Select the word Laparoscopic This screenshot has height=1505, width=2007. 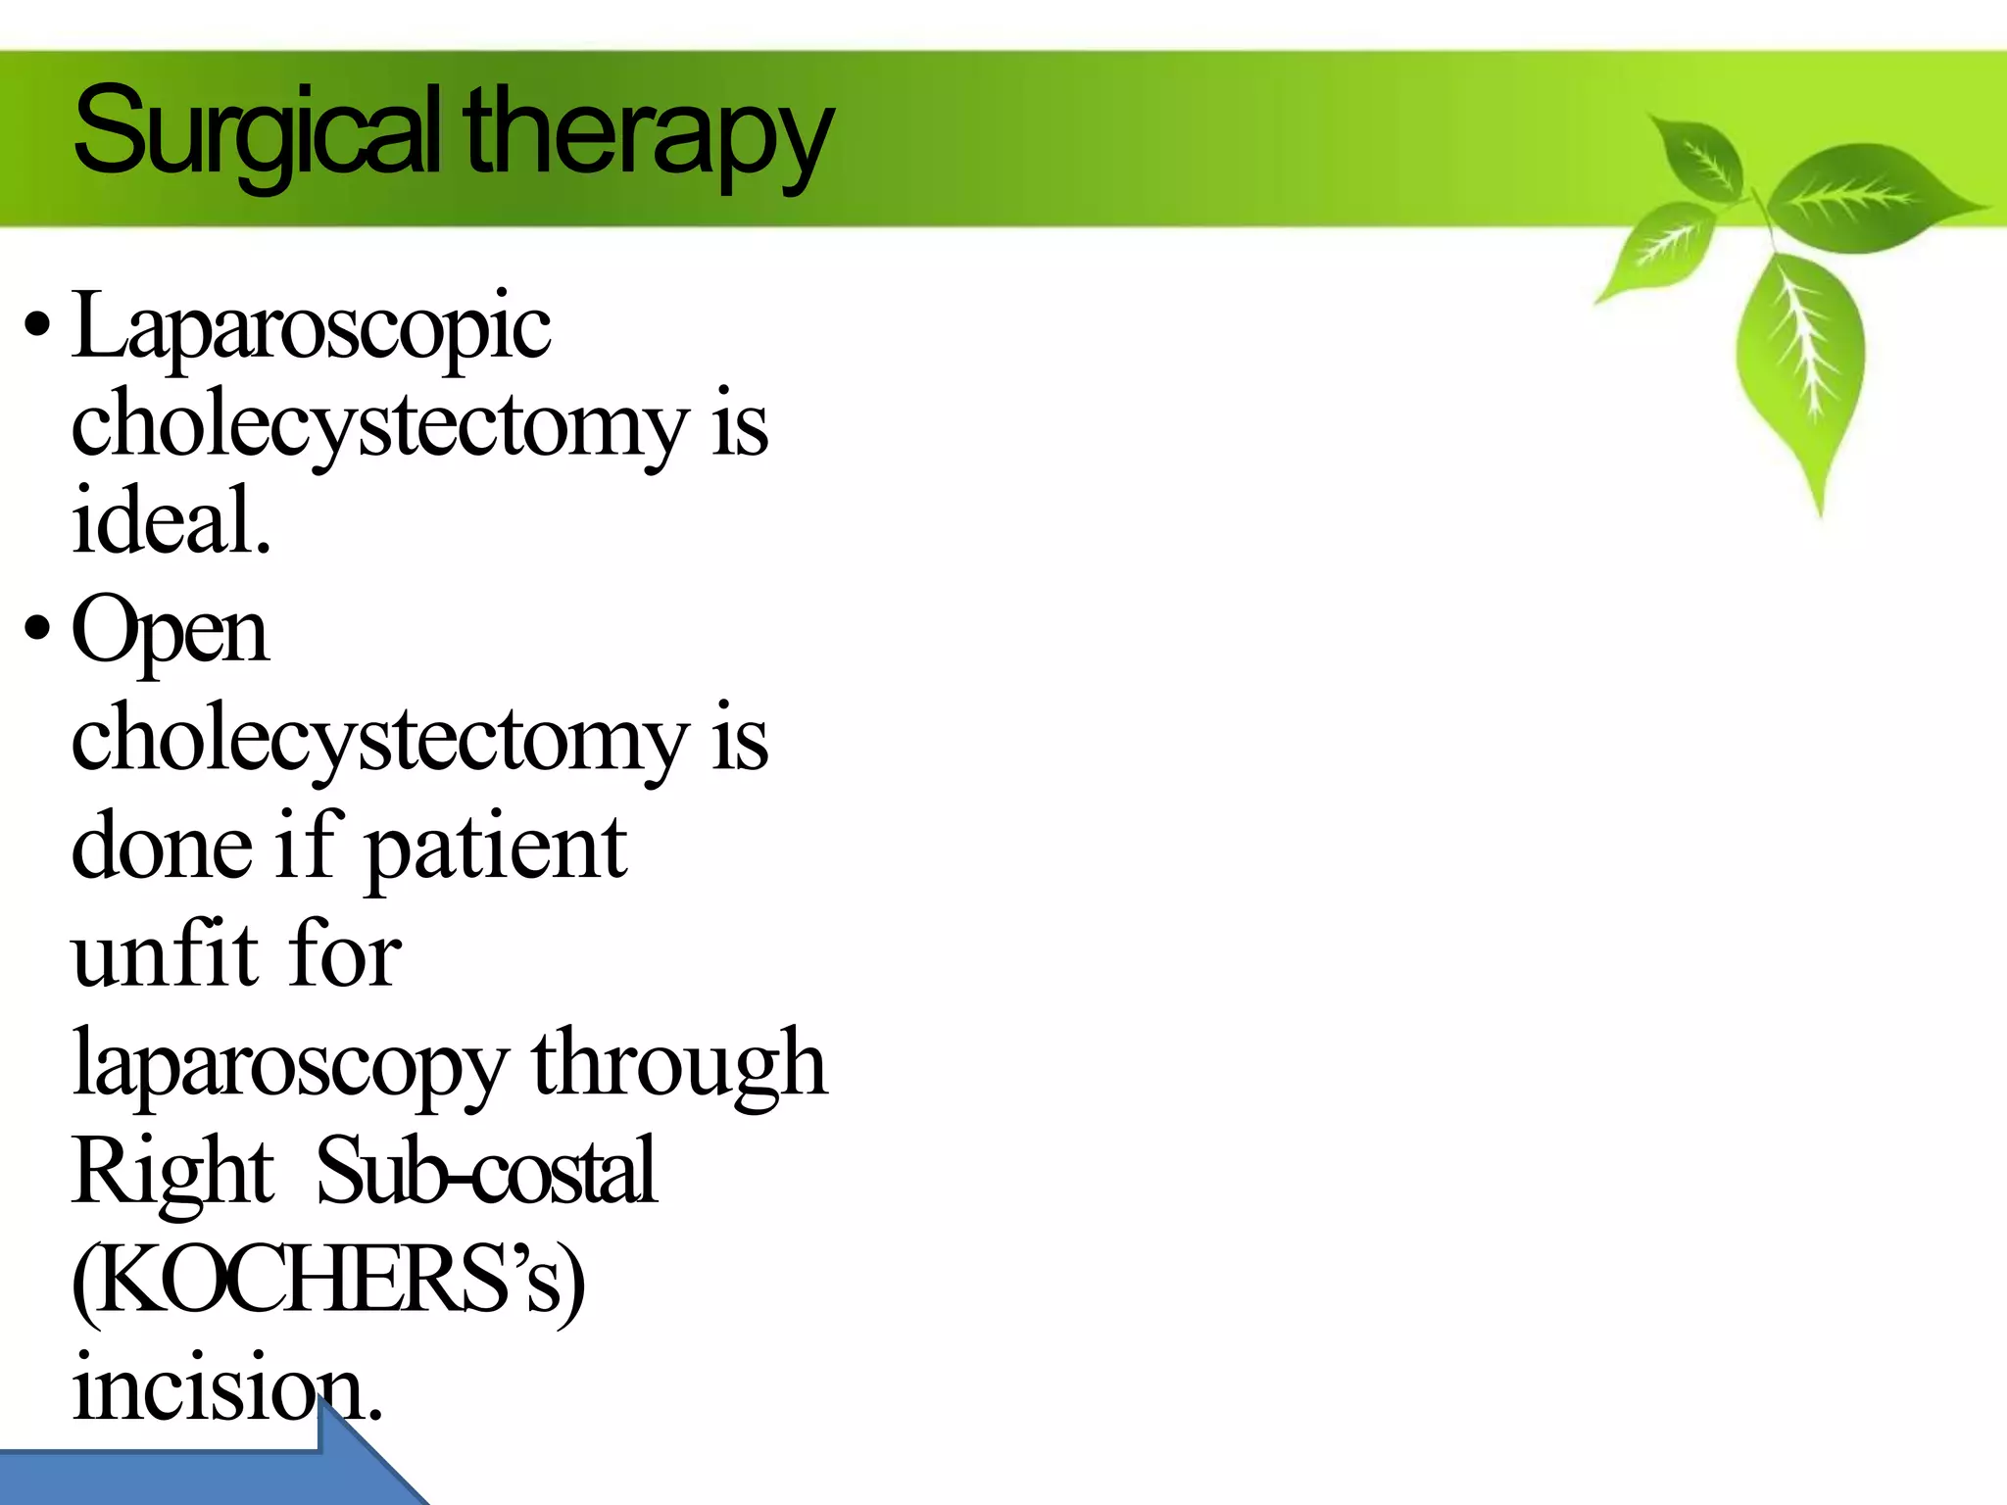pyautogui.click(x=312, y=329)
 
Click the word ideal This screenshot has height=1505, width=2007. pyautogui.click(x=171, y=519)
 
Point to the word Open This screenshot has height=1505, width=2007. pyautogui.click(x=170, y=633)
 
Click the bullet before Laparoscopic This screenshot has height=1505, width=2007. pyautogui.click(x=37, y=325)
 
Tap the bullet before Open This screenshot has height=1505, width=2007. pyautogui.click(x=37, y=629)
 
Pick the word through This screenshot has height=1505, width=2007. pyautogui.click(x=679, y=1062)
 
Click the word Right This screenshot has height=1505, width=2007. pyautogui.click(x=172, y=1172)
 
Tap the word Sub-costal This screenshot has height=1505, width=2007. pyautogui.click(x=486, y=1170)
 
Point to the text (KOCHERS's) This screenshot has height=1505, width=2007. pyautogui.click(x=328, y=1280)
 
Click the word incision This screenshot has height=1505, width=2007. pyautogui.click(x=225, y=1385)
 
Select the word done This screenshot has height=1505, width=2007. pyautogui.click(x=161, y=847)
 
